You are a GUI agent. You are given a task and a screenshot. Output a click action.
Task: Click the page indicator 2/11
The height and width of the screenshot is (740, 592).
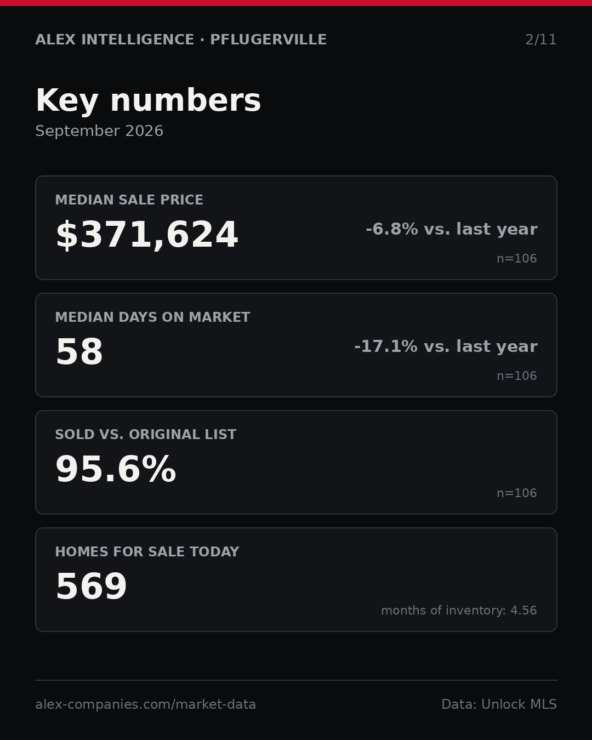540,39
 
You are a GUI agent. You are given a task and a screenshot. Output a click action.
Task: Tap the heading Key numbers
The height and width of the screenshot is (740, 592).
148,100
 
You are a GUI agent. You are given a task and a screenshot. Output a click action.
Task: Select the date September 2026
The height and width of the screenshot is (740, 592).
99,131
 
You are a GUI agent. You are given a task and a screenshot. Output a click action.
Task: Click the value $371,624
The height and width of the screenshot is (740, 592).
147,235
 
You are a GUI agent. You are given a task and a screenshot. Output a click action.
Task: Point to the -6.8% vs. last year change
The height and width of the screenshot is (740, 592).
451,229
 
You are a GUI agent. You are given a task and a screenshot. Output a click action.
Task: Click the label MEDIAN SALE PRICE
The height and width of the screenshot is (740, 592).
129,200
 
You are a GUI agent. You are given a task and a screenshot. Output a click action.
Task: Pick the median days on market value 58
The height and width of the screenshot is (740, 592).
79,352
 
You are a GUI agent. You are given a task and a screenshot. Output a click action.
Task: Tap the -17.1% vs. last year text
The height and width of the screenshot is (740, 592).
446,346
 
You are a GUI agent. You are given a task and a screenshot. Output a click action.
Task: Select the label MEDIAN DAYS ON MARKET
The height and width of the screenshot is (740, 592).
152,317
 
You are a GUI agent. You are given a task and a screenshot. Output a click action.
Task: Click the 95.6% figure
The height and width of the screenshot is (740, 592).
116,469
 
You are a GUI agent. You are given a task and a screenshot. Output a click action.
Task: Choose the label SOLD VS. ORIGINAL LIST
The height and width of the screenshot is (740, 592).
145,434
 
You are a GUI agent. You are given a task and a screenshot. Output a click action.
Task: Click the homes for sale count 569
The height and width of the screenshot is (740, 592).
91,587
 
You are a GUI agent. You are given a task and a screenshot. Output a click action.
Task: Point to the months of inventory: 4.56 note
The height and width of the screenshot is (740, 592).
459,610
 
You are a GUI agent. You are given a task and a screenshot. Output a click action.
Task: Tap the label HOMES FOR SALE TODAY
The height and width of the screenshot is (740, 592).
147,551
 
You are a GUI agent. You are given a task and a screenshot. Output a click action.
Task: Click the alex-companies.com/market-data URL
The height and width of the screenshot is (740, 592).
145,704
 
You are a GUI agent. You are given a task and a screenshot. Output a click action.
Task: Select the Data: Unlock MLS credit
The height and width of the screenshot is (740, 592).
499,704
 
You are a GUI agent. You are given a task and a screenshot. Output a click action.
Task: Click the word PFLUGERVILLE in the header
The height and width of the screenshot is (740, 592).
268,39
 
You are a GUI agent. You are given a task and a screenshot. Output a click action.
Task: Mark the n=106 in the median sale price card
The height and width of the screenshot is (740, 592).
517,258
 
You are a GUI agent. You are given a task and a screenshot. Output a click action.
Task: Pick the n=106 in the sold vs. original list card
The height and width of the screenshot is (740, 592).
517,493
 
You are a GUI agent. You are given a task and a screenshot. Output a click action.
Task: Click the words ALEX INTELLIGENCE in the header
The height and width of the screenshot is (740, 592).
115,39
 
